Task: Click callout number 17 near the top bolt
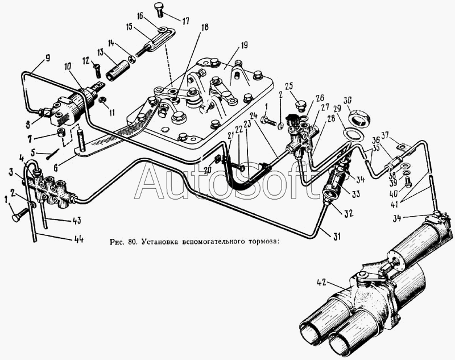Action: pos(185,21)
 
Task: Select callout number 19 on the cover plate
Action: pos(244,45)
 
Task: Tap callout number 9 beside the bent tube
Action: pos(48,58)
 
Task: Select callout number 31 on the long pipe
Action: pos(336,237)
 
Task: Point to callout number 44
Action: pos(78,239)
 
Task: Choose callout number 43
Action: pos(76,221)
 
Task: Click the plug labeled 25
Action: pos(300,106)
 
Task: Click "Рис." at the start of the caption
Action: pos(117,241)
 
